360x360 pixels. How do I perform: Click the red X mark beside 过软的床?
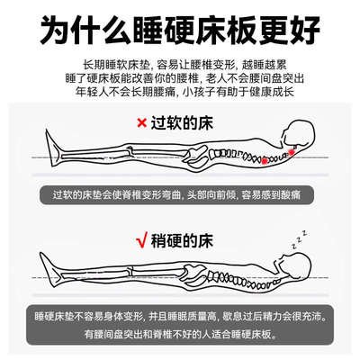coord(141,122)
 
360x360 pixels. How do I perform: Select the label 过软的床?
coord(186,122)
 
